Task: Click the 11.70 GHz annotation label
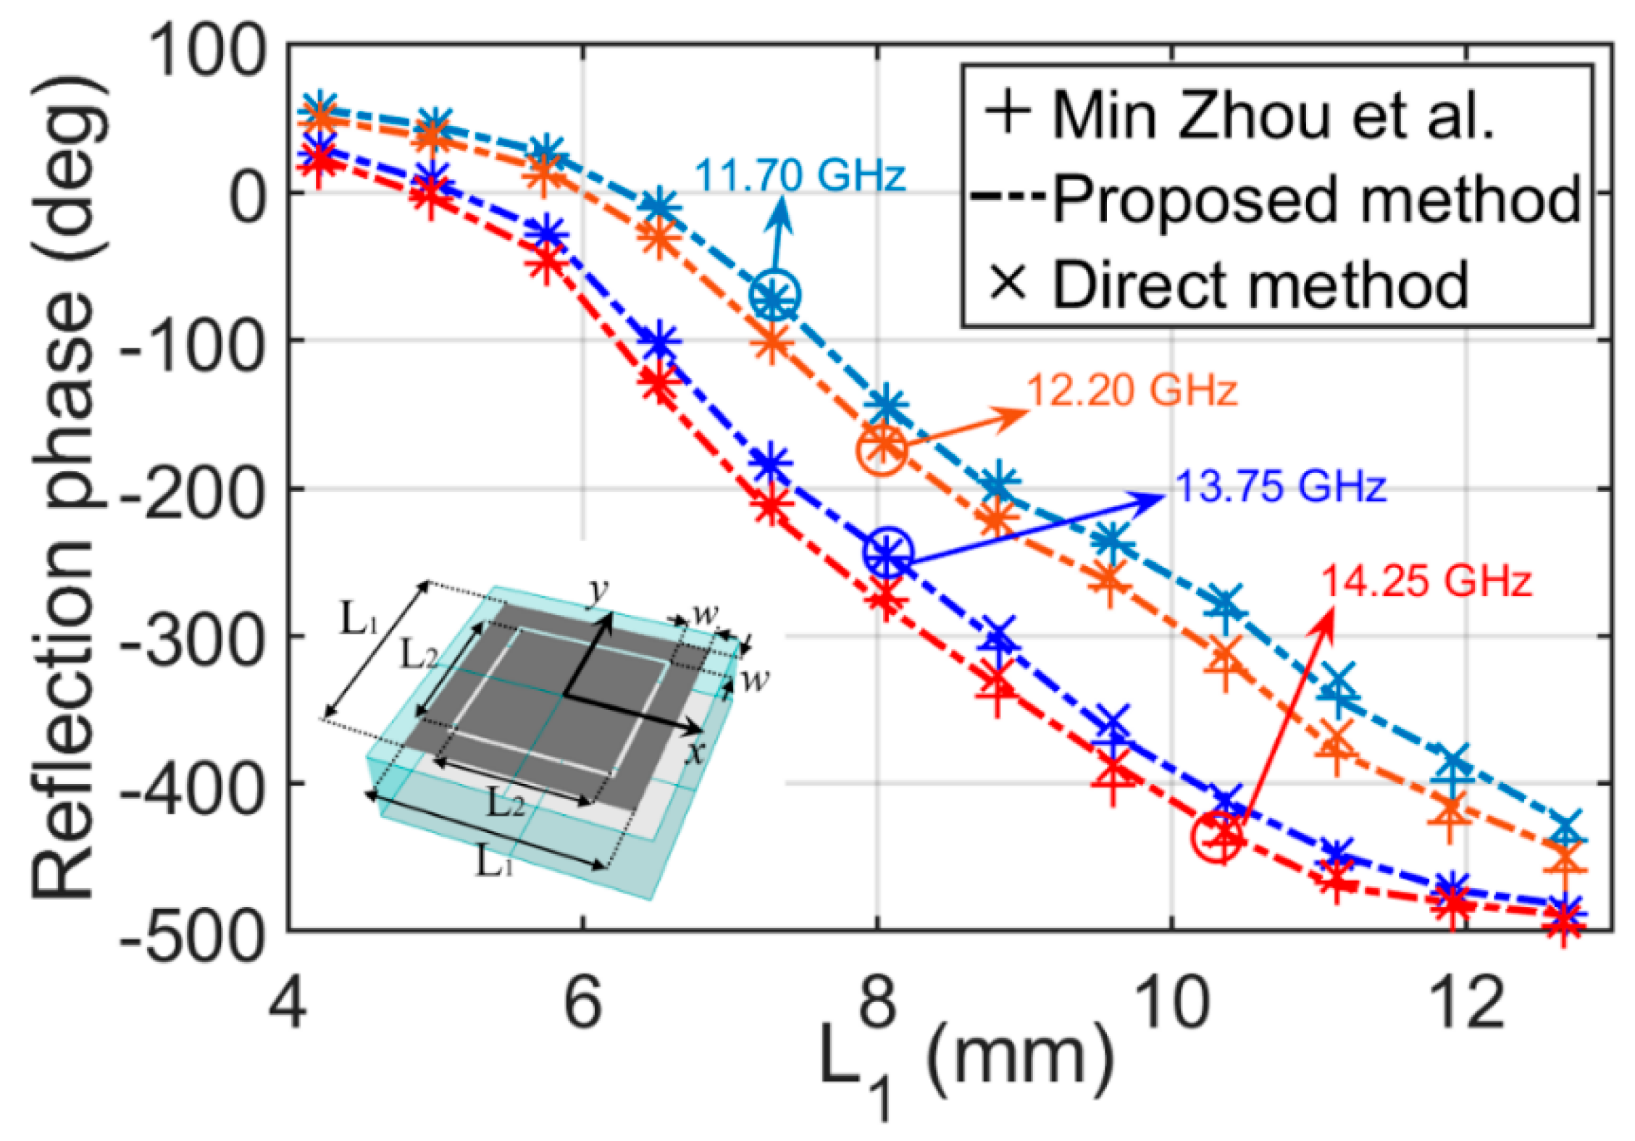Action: click(x=800, y=176)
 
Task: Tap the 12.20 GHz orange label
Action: click(x=1132, y=391)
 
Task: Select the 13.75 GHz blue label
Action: click(x=1281, y=486)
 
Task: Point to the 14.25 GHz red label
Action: click(x=1426, y=581)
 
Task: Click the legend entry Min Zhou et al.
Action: click(x=1239, y=116)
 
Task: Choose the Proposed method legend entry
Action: click(x=1275, y=199)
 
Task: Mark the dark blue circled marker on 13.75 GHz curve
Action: click(x=887, y=554)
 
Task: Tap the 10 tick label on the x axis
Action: click(x=1169, y=1004)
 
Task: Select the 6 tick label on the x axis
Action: click(x=583, y=1004)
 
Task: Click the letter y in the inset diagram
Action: click(x=598, y=590)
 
